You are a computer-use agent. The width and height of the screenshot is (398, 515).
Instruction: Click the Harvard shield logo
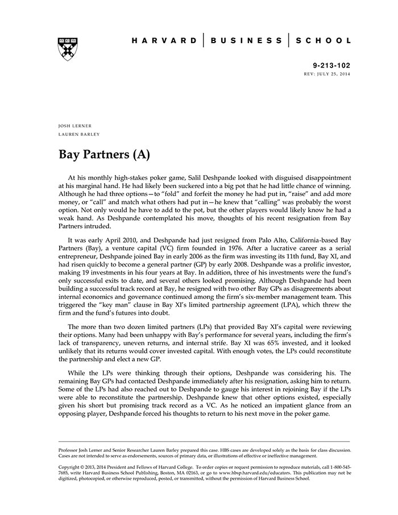(x=68, y=49)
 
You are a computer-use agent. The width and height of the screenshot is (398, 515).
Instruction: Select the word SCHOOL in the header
(x=324, y=41)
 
